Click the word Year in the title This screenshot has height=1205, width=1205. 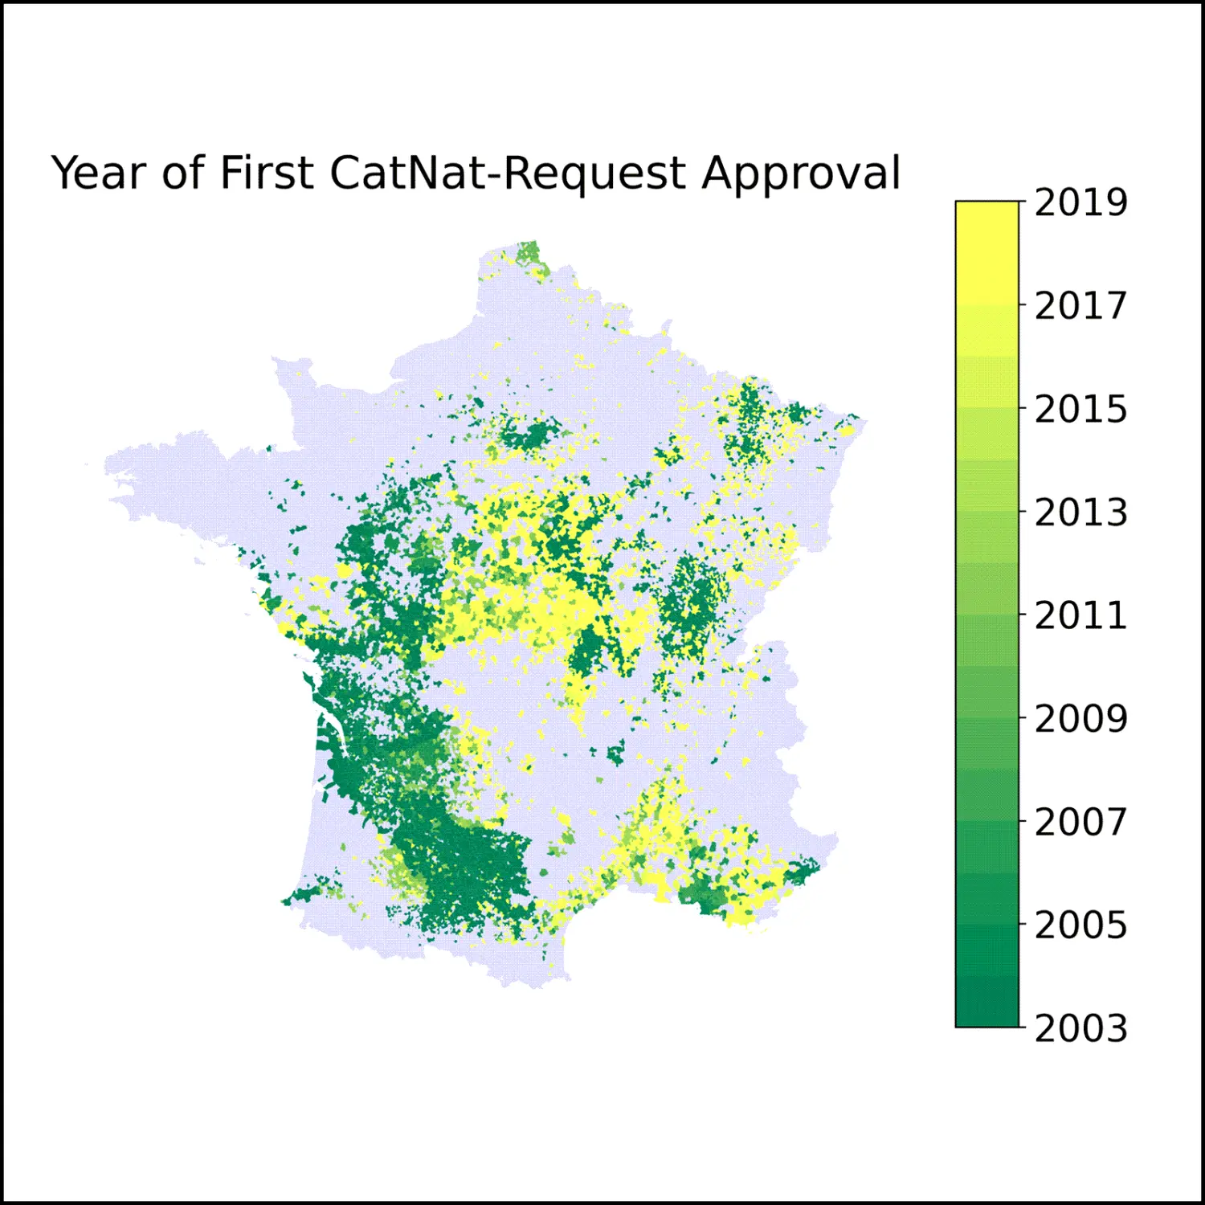click(x=99, y=174)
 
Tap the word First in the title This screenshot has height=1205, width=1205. click(x=266, y=174)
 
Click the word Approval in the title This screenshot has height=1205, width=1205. click(x=801, y=174)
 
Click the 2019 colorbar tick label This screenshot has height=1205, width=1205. click(x=1080, y=202)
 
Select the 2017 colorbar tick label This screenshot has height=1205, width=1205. click(x=1080, y=306)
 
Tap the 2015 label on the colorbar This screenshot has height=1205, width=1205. click(x=1080, y=410)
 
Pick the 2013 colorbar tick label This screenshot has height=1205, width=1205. click(x=1080, y=513)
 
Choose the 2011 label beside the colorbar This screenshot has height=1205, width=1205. click(x=1080, y=615)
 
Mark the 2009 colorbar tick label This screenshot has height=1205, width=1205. click(x=1080, y=719)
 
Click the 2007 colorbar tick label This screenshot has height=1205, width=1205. click(x=1080, y=822)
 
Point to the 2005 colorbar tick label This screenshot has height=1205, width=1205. click(x=1080, y=925)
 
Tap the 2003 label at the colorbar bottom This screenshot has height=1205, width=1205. click(x=1080, y=1028)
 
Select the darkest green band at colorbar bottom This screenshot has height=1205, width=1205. click(x=987, y=1004)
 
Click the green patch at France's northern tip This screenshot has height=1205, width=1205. click(x=528, y=254)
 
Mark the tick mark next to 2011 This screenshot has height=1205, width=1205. click(x=1023, y=615)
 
